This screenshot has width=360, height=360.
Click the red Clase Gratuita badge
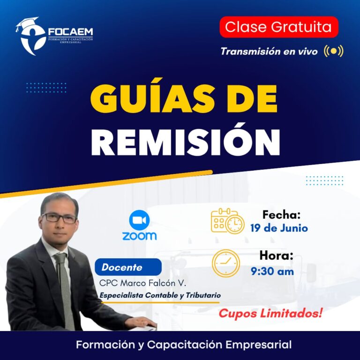click(x=279, y=27)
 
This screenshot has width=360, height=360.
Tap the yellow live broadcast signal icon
click(x=334, y=51)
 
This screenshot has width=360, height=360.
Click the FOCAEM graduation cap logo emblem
click(x=31, y=36)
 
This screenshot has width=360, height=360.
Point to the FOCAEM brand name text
click(x=70, y=32)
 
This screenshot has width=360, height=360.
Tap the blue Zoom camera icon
click(x=139, y=220)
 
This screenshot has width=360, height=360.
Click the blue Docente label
click(x=128, y=267)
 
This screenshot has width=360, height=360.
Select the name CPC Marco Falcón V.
click(x=142, y=283)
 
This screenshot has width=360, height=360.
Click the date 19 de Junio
click(x=279, y=228)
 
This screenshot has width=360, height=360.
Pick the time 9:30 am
click(x=272, y=271)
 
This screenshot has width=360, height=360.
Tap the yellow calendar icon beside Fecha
click(x=227, y=221)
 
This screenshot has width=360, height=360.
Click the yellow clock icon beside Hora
click(x=225, y=263)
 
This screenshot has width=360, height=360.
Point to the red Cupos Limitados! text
click(x=270, y=313)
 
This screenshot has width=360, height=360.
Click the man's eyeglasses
click(x=59, y=218)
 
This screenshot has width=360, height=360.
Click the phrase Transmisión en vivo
click(x=269, y=52)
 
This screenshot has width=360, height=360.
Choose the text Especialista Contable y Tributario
click(x=160, y=295)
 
